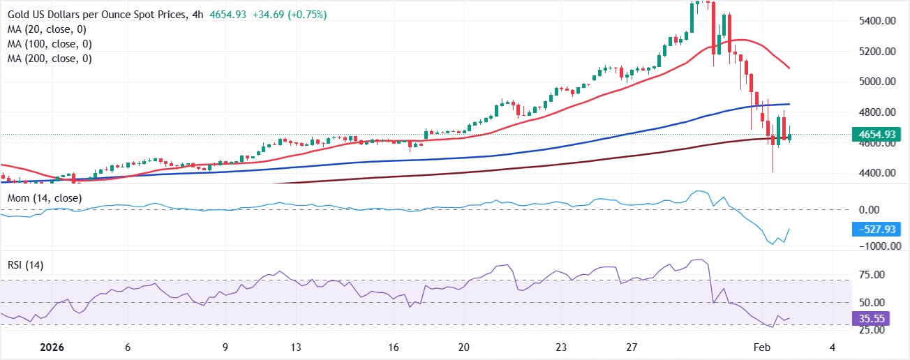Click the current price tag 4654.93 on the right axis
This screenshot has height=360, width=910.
[x=877, y=134]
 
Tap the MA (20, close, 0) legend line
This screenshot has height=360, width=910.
[x=47, y=29]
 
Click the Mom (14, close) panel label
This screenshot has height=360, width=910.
[x=45, y=199]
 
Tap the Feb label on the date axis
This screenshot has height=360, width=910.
[x=763, y=347]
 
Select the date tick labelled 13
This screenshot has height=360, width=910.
[x=297, y=347]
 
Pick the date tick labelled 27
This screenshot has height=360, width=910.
[x=632, y=347]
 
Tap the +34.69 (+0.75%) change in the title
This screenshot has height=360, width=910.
[x=292, y=15]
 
